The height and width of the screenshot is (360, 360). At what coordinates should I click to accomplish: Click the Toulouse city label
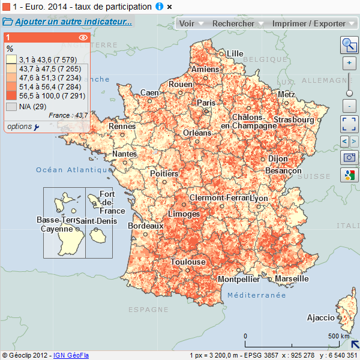point(188,262)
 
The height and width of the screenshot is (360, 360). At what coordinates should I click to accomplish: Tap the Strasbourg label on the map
point(293,120)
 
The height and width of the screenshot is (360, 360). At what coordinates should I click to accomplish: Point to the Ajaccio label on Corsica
point(320,317)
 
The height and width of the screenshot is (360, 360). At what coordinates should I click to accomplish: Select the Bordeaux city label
point(146,226)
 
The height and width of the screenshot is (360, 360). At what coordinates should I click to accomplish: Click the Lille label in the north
point(235,53)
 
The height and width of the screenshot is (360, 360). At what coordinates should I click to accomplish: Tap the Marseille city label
point(292,279)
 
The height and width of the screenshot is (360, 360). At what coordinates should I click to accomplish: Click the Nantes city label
point(124,154)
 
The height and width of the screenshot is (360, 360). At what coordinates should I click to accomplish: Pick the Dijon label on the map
point(278,159)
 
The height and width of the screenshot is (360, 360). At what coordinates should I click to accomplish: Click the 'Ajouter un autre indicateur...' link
point(73,22)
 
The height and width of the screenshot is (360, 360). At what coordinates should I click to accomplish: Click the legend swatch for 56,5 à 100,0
point(11,95)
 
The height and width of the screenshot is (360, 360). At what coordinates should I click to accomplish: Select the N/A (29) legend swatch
point(11,106)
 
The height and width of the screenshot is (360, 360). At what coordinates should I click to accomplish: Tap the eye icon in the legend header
point(83,37)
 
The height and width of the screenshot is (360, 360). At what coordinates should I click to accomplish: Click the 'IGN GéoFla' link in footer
point(71,355)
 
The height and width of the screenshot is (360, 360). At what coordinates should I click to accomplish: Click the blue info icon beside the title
point(159,6)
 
